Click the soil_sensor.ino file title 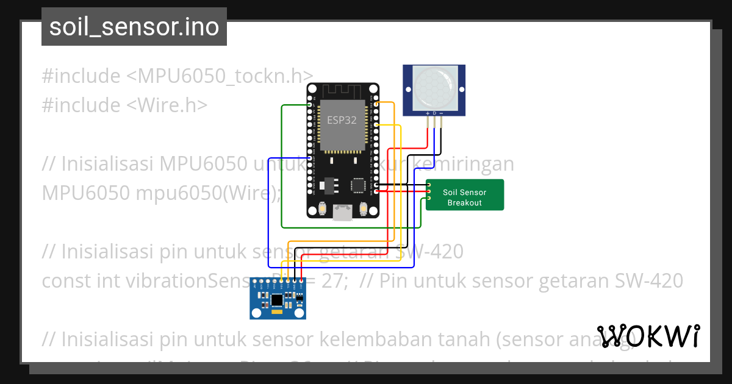(134, 27)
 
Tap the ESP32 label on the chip (342, 120)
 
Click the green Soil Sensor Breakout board (465, 195)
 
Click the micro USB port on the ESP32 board (342, 212)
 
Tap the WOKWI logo (648, 335)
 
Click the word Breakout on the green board (465, 203)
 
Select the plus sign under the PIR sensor (426, 113)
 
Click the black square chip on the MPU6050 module (278, 299)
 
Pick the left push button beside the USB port (321, 210)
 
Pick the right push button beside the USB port (364, 210)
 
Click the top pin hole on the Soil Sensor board (429, 185)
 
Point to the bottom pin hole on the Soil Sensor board (429, 198)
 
